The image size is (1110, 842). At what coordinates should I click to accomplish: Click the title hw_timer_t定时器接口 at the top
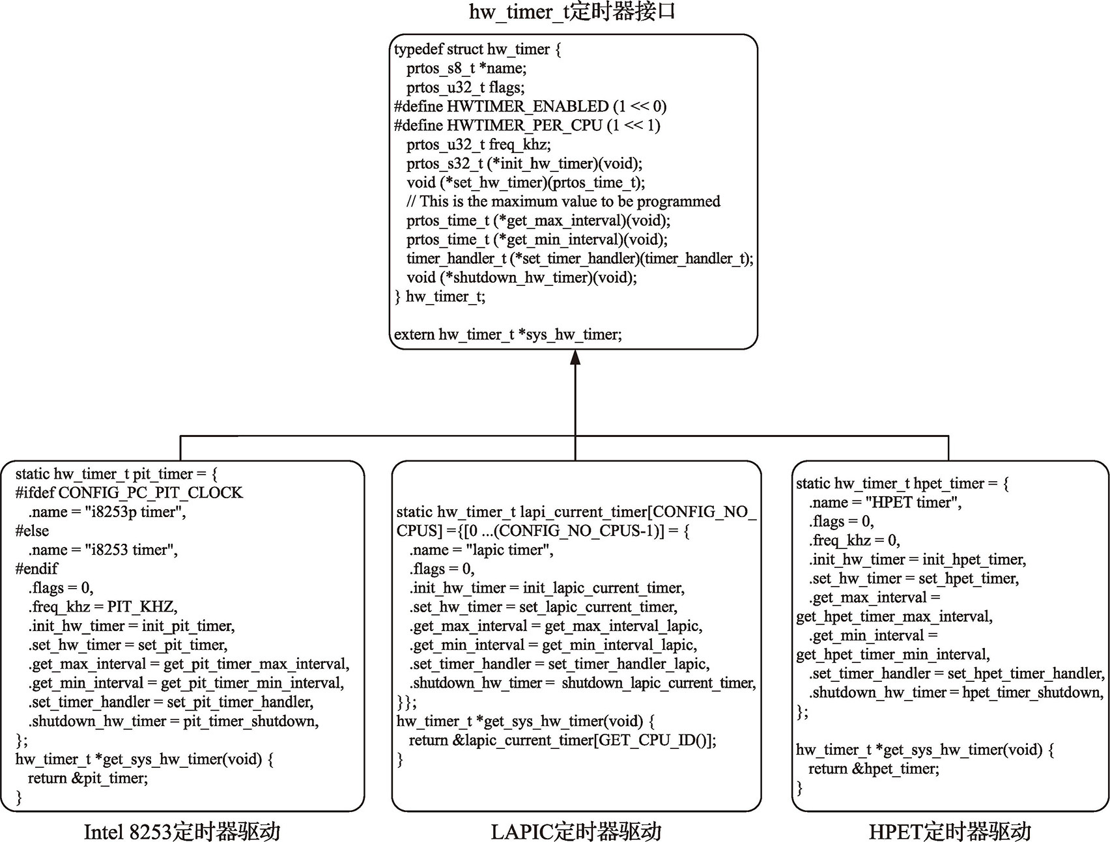tap(571, 12)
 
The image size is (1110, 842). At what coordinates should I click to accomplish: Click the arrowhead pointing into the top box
tap(575, 358)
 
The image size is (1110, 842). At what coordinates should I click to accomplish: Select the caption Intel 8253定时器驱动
tap(182, 831)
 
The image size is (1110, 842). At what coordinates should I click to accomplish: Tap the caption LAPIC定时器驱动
tap(576, 831)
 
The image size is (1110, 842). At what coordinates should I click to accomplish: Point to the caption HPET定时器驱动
tap(950, 831)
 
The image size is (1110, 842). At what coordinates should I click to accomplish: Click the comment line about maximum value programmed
tap(563, 202)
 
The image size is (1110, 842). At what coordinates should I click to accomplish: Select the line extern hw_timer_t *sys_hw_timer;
tap(507, 335)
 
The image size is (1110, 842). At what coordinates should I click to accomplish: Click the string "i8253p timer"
tap(135, 512)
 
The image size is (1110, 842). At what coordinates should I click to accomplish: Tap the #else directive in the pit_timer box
tap(32, 531)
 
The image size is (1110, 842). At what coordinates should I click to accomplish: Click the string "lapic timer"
tap(509, 550)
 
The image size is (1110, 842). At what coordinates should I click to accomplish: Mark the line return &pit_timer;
tap(87, 779)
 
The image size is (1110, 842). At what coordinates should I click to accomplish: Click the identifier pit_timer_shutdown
tap(251, 722)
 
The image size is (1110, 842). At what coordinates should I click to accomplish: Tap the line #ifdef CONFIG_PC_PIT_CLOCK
tap(129, 493)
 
